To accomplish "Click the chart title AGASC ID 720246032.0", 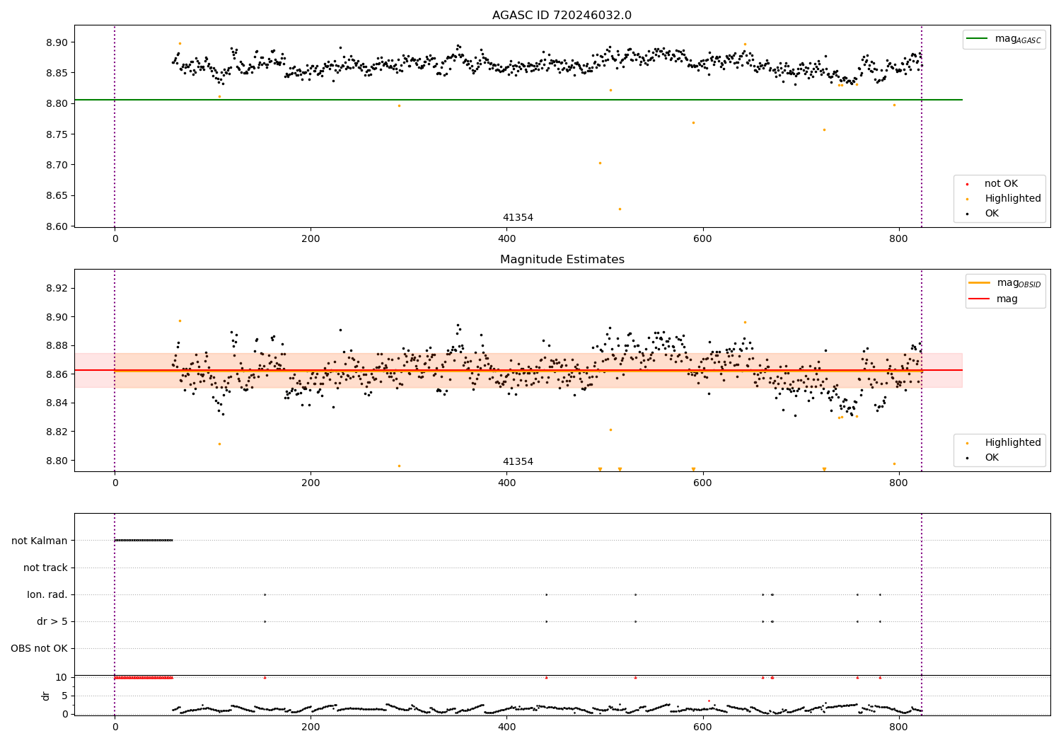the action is (x=562, y=15).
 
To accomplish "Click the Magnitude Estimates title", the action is (x=562, y=259).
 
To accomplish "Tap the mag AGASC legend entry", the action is (x=1004, y=39).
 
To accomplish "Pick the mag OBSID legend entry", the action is (x=1004, y=283).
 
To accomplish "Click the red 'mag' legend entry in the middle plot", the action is (x=994, y=299).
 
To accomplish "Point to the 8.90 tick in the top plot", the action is (x=57, y=42).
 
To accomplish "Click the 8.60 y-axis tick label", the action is (x=57, y=226).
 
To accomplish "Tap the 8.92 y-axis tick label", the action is (x=57, y=288).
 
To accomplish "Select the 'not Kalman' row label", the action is (x=40, y=541).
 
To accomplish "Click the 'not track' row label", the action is (x=45, y=568).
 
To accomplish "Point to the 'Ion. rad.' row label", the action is (x=47, y=594).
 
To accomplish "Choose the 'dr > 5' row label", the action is (x=52, y=622).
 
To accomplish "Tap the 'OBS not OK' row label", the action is (x=40, y=648).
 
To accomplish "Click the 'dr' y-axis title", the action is (x=45, y=696).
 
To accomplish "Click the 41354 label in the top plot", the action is (x=518, y=217).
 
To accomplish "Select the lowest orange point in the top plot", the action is (x=620, y=209).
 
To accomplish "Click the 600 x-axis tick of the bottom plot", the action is (x=702, y=727).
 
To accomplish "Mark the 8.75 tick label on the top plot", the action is (x=57, y=134).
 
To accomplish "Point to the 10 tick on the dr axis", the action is (x=61, y=678).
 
